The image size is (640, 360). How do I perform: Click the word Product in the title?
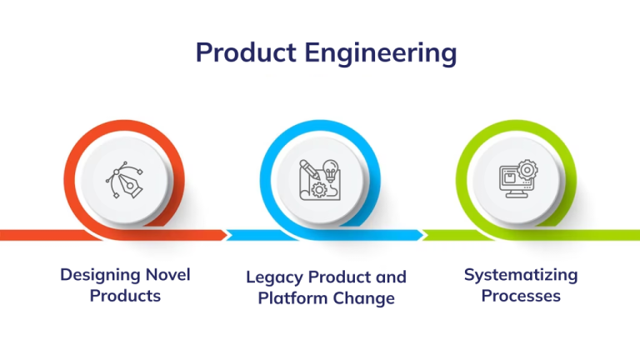pos(246,52)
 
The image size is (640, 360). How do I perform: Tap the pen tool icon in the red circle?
pos(125,180)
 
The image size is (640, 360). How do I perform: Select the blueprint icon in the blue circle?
pos(320,180)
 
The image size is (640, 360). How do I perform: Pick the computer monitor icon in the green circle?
pos(518,179)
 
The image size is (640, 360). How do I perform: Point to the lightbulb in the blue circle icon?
pos(331,170)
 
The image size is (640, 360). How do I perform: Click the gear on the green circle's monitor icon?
pos(527,170)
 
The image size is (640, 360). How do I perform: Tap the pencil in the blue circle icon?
pos(310,169)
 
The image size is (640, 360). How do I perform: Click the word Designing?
pos(100,276)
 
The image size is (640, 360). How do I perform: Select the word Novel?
pos(168,275)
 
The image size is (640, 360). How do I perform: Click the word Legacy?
pos(275,278)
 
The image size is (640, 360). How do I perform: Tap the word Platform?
pos(292,298)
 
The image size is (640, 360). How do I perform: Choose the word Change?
pos(363,298)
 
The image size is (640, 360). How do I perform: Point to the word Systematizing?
pos(521,276)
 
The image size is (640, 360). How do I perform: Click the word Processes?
pos(521,296)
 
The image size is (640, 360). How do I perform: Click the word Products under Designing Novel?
pos(125,296)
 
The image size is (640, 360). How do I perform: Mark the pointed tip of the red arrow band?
pos(227,235)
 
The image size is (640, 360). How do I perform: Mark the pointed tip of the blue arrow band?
pos(423,235)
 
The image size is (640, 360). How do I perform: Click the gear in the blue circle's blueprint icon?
pos(319,190)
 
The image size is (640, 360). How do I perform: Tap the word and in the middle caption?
pos(391,277)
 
